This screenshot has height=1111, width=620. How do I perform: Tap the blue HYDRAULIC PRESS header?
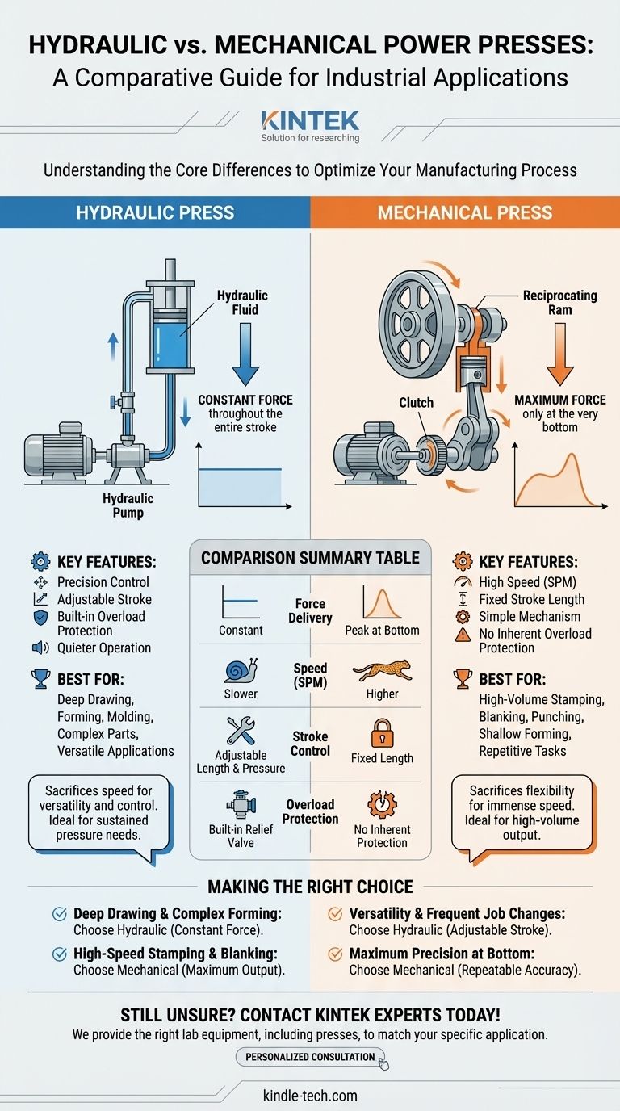(155, 213)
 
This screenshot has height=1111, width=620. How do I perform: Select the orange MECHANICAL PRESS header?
(465, 213)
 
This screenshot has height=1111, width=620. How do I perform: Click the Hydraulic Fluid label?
(242, 304)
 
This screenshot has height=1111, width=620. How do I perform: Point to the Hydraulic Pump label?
(128, 506)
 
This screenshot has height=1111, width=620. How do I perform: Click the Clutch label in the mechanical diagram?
(416, 402)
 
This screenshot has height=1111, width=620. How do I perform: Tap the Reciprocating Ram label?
(559, 303)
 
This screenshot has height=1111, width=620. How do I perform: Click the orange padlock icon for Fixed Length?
(382, 734)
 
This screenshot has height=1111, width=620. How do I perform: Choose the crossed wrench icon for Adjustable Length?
(241, 729)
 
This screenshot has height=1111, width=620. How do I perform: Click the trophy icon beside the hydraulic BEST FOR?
(40, 679)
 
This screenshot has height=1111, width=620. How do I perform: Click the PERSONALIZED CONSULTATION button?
(310, 1057)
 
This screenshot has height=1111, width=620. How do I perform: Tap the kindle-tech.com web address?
(310, 1096)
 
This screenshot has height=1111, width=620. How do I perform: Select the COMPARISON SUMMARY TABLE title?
(310, 558)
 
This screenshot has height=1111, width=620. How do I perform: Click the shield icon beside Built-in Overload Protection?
(40, 617)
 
